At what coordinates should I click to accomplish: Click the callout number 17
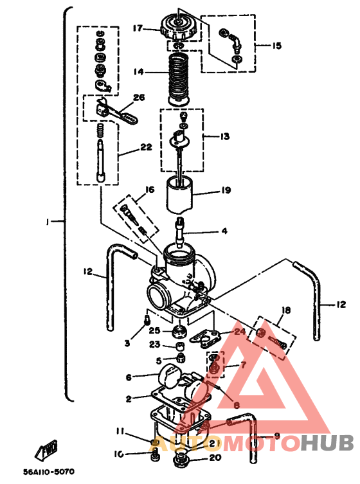pyautogui.click(x=138, y=28)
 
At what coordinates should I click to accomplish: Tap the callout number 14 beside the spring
pyautogui.click(x=138, y=73)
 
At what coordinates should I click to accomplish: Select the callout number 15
pyautogui.click(x=276, y=46)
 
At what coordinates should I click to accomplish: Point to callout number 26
pyautogui.click(x=139, y=98)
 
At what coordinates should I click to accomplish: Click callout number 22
pyautogui.click(x=146, y=147)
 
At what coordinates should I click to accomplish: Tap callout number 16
pyautogui.click(x=149, y=190)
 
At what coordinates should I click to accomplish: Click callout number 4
pyautogui.click(x=224, y=231)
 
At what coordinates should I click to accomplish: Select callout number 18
pyautogui.click(x=286, y=310)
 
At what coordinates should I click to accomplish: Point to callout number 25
pyautogui.click(x=154, y=330)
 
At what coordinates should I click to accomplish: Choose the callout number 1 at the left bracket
pyautogui.click(x=48, y=222)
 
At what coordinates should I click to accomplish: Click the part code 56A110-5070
pyautogui.click(x=49, y=472)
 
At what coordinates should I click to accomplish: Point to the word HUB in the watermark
pyautogui.click(x=327, y=443)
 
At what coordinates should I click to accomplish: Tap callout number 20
pyautogui.click(x=215, y=458)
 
